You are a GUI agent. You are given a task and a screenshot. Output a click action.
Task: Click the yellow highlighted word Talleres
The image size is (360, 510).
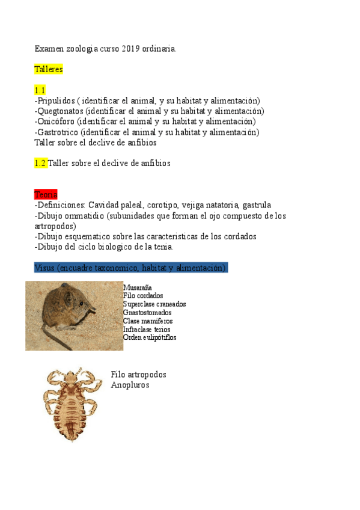click(x=49, y=69)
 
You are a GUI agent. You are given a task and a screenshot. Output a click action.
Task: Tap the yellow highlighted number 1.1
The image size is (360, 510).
click(x=40, y=90)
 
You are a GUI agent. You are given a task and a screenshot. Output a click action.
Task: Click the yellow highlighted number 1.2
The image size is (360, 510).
click(x=40, y=163)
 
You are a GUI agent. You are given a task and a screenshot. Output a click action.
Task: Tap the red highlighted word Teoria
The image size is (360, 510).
click(x=46, y=194)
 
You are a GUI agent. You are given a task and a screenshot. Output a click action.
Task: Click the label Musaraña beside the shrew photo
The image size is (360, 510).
click(x=137, y=288)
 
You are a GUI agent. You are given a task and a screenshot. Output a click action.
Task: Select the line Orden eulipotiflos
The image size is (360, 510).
click(x=150, y=337)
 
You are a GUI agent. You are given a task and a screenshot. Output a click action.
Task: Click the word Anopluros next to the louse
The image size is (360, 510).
click(x=130, y=385)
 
